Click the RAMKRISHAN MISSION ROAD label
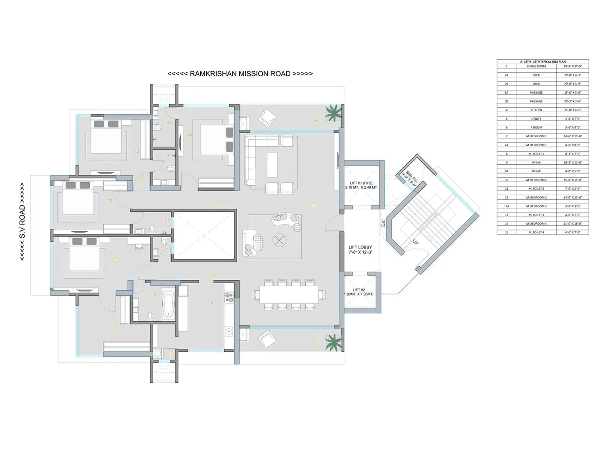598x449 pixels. tap(240, 74)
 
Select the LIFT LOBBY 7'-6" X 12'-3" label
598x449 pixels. tap(360, 250)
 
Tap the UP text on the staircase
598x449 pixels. tap(415, 242)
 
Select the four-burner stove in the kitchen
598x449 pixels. tap(229, 298)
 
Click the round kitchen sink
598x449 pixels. tap(229, 331)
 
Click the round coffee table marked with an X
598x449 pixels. tap(278, 240)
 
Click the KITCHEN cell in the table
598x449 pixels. tap(536, 110)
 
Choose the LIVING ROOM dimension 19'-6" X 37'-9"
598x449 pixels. tap(573, 66)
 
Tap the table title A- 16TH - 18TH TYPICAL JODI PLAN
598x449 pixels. tap(543, 61)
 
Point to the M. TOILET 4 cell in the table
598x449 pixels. tap(536, 232)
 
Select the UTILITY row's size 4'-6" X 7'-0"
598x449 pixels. tap(573, 119)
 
